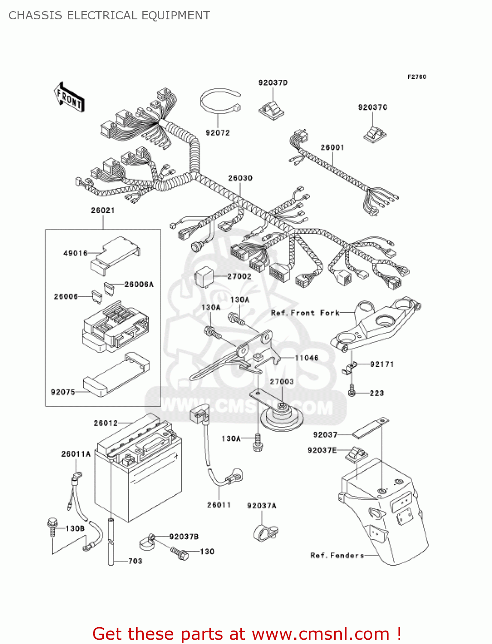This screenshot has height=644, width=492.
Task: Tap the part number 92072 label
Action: coord(217,133)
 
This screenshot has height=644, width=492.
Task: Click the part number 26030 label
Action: coord(240,178)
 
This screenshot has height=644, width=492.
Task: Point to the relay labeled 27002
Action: coord(205,276)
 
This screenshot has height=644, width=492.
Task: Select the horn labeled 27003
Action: coord(282,415)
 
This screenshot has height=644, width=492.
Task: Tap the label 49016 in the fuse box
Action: coord(75,253)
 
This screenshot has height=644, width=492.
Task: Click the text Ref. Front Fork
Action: coord(305,313)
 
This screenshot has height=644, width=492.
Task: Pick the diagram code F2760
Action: coord(417,77)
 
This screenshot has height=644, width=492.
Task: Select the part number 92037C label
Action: coord(372,107)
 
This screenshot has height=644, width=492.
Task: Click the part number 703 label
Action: coord(135,561)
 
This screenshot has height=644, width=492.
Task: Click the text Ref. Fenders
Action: coord(337,556)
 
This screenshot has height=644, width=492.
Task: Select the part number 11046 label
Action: coord(307,358)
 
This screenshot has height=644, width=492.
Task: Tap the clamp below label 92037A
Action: coord(265,532)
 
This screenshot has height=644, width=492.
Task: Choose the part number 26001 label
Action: coord(332,147)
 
